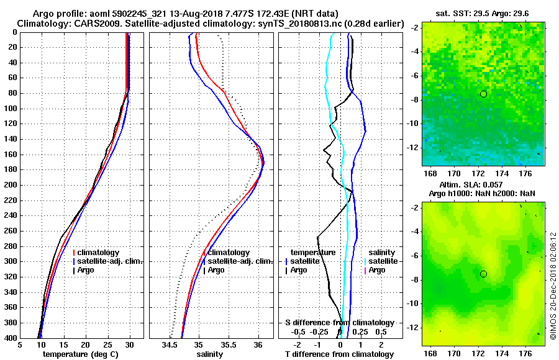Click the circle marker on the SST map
pos(483,94)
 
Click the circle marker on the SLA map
pos(483,274)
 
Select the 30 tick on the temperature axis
pos(130,344)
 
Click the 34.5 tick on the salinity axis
pos(170,344)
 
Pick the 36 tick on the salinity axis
pos(258,344)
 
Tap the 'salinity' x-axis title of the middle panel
pos(210,354)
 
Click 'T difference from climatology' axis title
pos(339,354)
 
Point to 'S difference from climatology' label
pos(339,323)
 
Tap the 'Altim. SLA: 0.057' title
pos(470,185)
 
